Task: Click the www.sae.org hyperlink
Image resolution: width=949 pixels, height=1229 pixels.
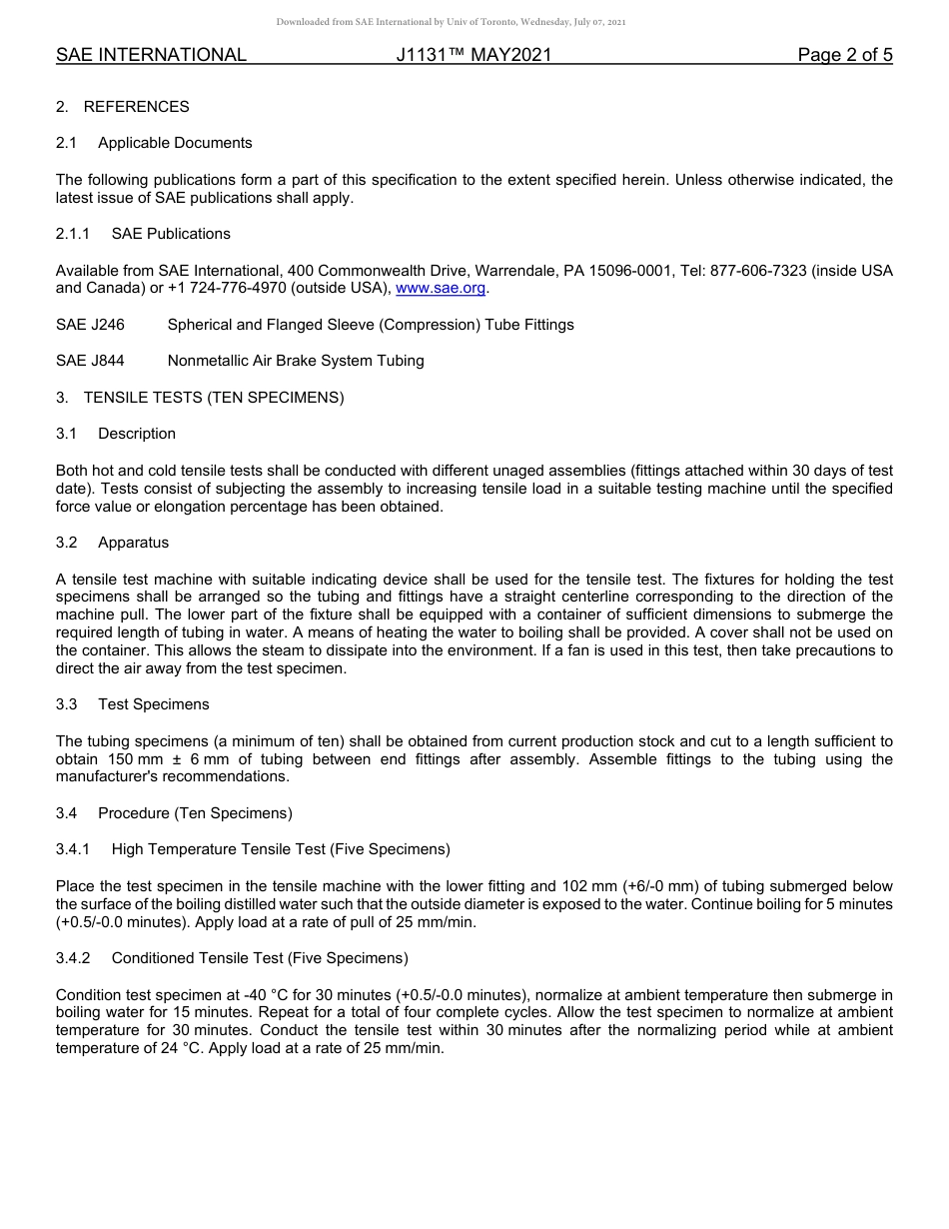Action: (x=441, y=289)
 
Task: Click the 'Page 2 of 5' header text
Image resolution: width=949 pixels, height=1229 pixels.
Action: (x=844, y=56)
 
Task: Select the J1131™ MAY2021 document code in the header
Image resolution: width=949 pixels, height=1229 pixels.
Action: (x=474, y=56)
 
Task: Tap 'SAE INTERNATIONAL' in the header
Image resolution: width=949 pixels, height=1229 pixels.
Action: (x=151, y=56)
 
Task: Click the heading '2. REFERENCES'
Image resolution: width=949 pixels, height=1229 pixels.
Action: (x=122, y=107)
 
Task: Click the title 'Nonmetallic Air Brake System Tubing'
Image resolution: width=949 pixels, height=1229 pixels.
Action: (x=296, y=361)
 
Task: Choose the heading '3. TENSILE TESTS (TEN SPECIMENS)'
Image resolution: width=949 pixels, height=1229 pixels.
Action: (x=200, y=398)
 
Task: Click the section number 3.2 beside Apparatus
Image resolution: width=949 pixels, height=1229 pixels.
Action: (x=67, y=543)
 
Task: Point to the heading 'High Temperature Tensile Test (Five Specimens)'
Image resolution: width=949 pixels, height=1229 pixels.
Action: (x=281, y=849)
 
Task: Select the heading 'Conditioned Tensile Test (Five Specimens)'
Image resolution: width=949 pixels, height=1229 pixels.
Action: (x=260, y=958)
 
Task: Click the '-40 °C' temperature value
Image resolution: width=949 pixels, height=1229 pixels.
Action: (x=228, y=995)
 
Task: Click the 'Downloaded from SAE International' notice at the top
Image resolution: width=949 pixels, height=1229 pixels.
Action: (x=452, y=22)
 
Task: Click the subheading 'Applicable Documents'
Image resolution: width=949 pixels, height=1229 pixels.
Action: (x=175, y=143)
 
